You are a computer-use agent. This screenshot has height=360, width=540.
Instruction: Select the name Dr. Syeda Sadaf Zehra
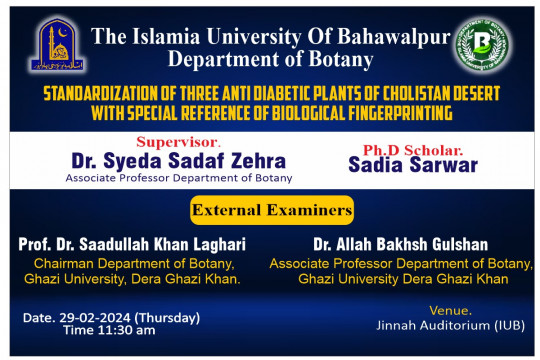[x=178, y=161]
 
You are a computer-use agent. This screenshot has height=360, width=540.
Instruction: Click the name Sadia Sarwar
[x=420, y=165]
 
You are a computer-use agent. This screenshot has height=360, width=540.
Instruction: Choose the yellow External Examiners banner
[x=272, y=210]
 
